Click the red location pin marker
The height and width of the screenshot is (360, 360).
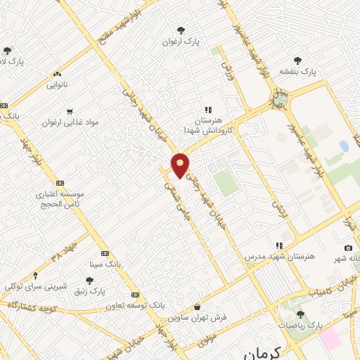(181, 165)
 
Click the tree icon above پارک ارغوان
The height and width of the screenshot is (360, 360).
(181, 30)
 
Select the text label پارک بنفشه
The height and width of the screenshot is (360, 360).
(297, 72)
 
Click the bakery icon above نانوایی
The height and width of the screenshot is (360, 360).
(57, 74)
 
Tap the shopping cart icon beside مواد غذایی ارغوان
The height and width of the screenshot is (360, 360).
(69, 111)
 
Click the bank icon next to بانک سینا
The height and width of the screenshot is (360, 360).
(105, 253)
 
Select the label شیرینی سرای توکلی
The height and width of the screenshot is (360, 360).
(35, 286)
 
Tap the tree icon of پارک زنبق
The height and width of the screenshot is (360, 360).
(88, 280)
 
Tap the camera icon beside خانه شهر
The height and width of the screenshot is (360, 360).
(348, 247)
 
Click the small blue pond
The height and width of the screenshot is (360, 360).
(343, 146)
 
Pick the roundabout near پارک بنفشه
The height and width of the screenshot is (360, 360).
(281, 97)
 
